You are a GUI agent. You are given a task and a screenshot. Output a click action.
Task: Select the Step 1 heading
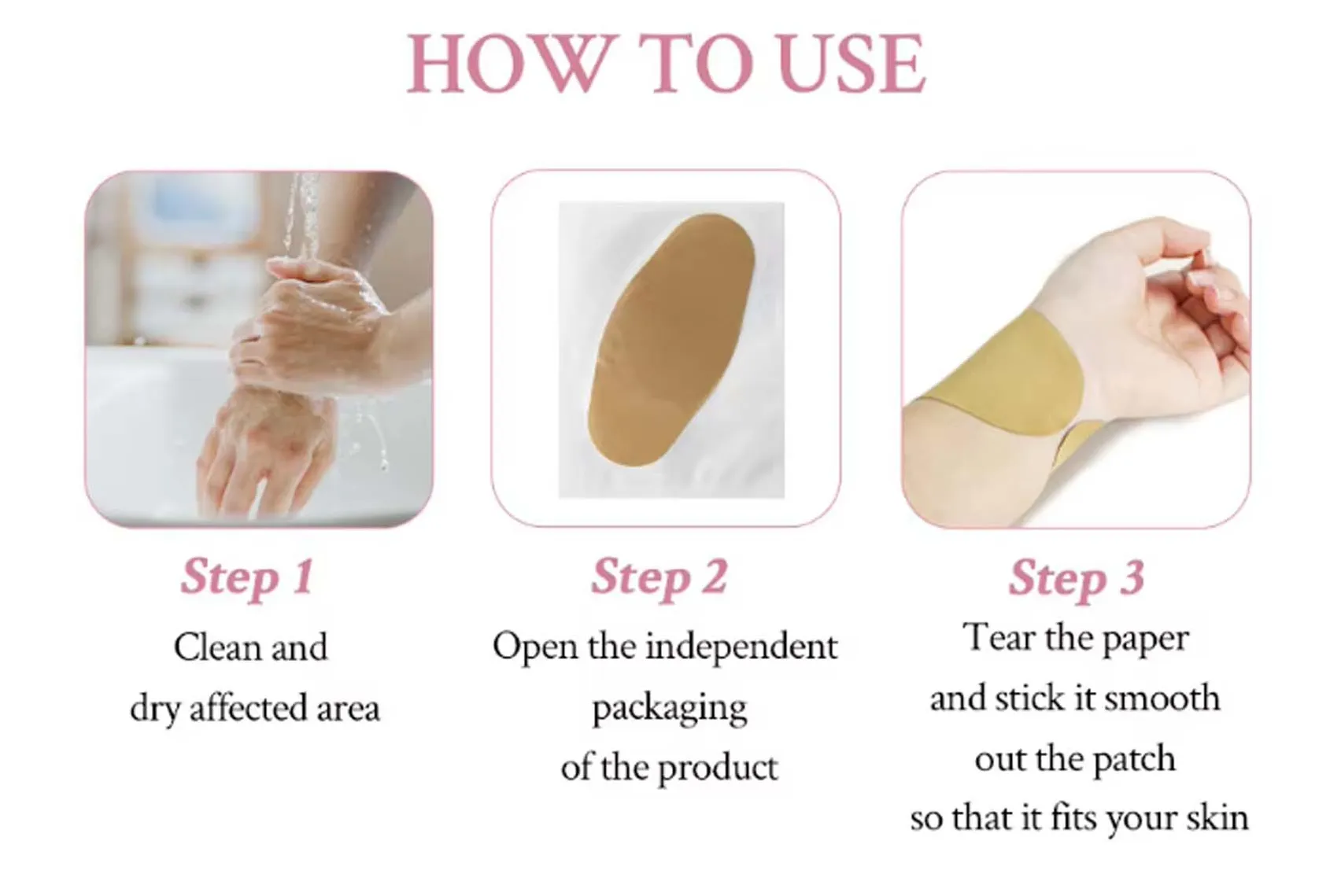tap(247, 577)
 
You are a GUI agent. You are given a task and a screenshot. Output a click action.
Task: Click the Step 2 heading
tap(659, 577)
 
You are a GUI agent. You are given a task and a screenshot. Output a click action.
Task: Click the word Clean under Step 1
tap(217, 647)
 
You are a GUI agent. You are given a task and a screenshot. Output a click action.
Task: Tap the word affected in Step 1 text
tap(249, 709)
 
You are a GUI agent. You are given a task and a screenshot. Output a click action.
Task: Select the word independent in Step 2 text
tap(741, 647)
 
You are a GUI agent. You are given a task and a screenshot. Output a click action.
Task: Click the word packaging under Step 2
tap(669, 709)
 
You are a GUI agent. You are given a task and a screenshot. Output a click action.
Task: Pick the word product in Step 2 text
tap(718, 768)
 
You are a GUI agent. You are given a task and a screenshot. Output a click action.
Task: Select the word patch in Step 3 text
tap(1134, 759)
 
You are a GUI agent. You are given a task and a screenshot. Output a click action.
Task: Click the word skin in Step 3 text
tap(1217, 818)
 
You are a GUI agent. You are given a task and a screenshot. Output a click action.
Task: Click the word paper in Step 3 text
tap(1145, 639)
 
